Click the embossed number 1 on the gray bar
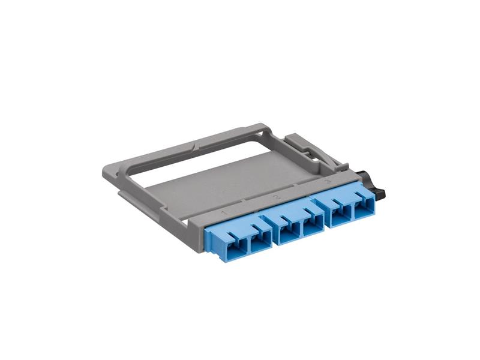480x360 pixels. [224, 213]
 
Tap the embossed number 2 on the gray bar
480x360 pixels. [276, 197]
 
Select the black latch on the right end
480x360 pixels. [378, 185]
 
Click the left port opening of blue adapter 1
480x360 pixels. [233, 244]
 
